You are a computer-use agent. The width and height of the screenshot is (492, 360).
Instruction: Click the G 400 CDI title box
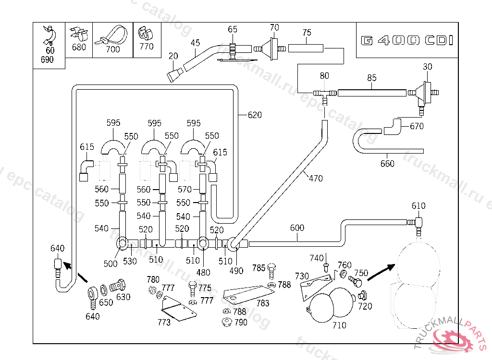[x=406, y=40]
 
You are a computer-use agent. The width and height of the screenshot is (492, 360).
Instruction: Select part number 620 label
[x=255, y=115]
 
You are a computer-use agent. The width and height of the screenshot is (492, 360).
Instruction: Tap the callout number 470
[x=316, y=178]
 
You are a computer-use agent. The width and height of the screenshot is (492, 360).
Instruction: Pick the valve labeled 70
[x=273, y=48]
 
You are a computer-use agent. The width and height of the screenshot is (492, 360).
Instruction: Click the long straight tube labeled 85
[x=372, y=92]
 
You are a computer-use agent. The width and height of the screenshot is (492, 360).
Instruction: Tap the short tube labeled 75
[x=306, y=48]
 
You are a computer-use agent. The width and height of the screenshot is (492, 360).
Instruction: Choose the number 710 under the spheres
[x=339, y=325]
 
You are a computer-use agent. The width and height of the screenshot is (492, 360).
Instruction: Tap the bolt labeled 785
[x=271, y=271]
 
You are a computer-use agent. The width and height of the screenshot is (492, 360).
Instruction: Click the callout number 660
[x=387, y=164]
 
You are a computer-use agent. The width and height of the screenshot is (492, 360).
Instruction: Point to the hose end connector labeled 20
[x=174, y=74]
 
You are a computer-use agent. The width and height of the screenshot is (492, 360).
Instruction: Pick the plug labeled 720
[x=363, y=296]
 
